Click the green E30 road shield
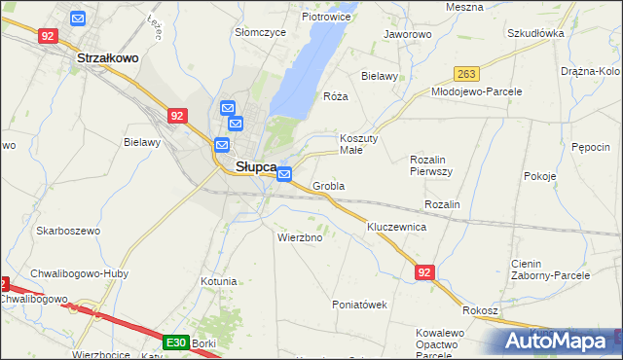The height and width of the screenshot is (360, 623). coord(175,342)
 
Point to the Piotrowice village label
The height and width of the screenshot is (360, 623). coord(326,17)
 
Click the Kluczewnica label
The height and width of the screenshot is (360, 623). coord(396,226)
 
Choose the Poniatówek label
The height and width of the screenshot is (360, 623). coord(360,305)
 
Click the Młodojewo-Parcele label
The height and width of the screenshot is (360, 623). coord(477,91)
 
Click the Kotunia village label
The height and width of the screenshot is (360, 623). coord(218,281)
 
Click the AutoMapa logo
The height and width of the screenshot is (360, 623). coord(559,342)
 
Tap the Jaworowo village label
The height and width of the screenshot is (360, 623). coord(407,34)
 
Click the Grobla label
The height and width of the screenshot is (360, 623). coord(329,186)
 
